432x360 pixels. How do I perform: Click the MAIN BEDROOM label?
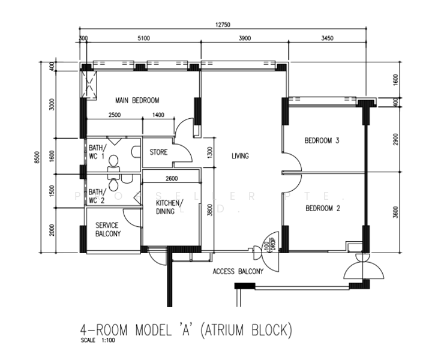point(137,100)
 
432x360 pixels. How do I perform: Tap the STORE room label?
point(158,152)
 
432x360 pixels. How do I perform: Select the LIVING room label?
point(240,157)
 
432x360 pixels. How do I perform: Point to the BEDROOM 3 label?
point(322,141)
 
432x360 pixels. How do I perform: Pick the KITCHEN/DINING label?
point(170,207)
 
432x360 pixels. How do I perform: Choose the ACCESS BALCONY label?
point(238,272)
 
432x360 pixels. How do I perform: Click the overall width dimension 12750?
point(223,25)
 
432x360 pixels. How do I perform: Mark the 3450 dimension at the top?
point(327,38)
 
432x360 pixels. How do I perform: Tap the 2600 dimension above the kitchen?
point(171,178)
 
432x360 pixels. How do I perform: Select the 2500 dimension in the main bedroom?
point(115,115)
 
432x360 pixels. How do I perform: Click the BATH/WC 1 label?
point(97,152)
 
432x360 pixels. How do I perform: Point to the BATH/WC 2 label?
point(97,196)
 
